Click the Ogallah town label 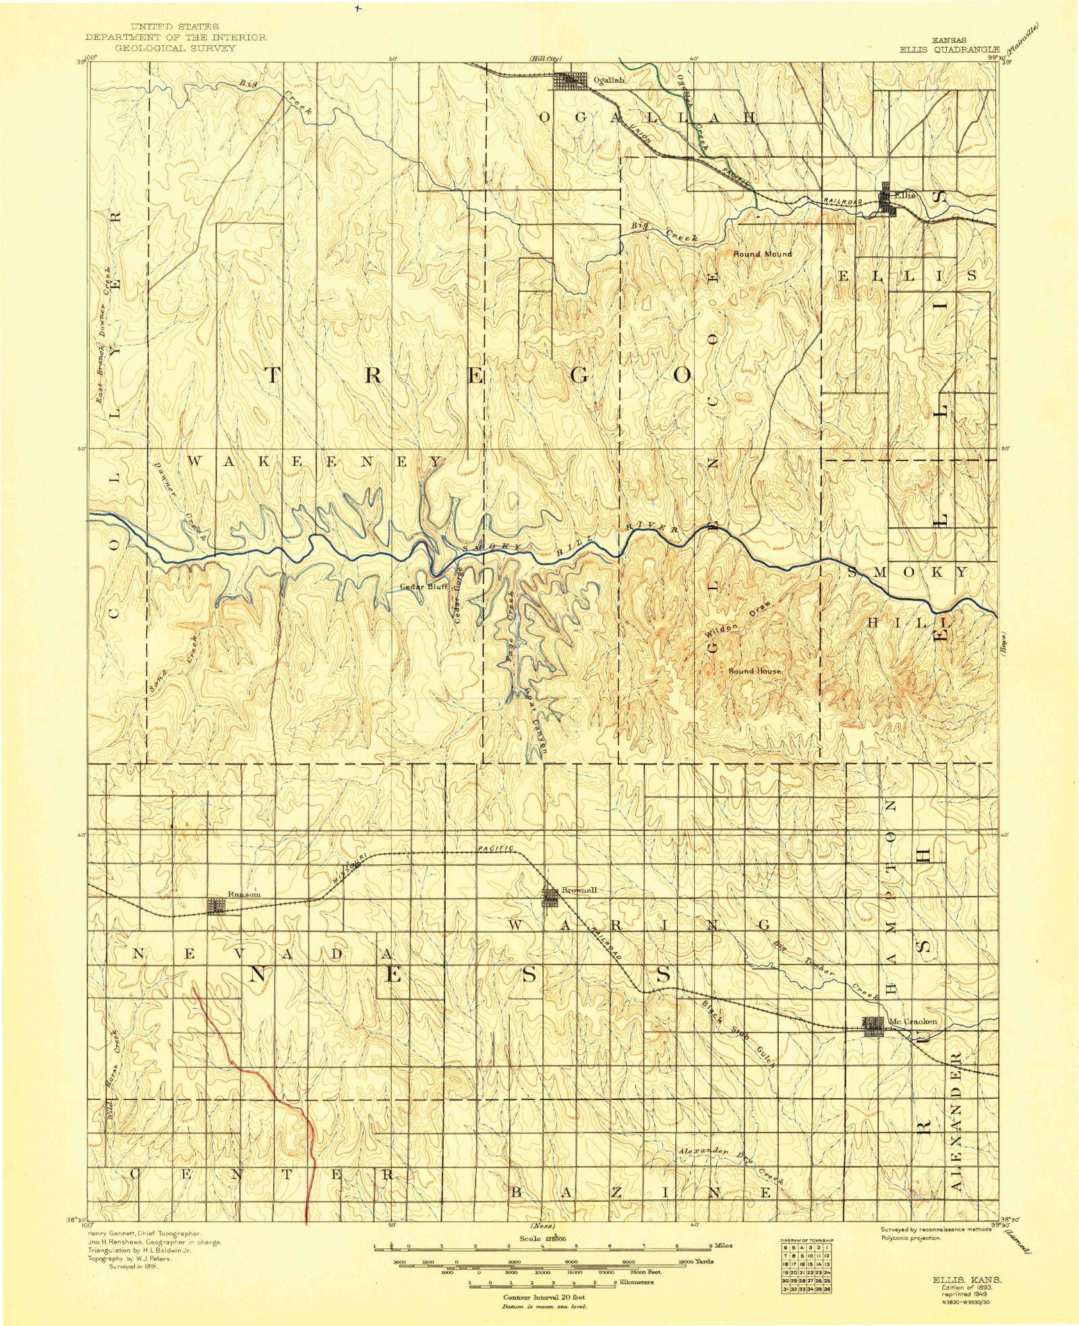608,80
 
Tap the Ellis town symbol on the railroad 887,201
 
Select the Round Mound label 762,254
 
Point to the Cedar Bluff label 424,586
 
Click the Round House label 754,671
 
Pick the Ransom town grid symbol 216,905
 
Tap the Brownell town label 579,890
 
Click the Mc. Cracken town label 912,1021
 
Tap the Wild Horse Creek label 113,1077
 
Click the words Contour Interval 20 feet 544,1297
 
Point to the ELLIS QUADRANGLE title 950,49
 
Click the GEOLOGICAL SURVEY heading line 175,49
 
